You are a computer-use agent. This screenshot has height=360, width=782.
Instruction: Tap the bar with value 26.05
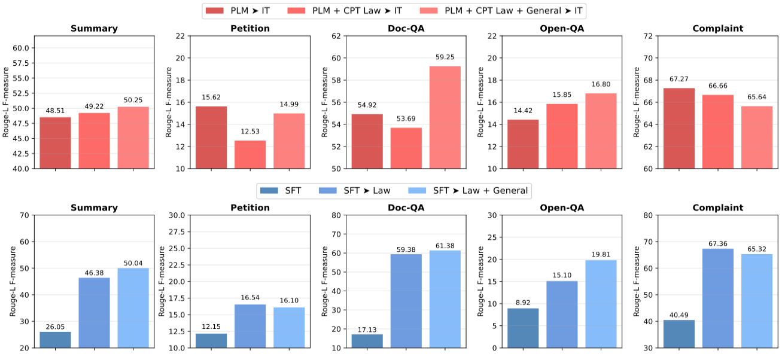[x=55, y=340]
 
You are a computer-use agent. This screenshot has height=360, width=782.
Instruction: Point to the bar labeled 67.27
[x=679, y=128]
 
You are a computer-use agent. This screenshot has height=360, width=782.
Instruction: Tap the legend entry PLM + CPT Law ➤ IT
[x=348, y=10]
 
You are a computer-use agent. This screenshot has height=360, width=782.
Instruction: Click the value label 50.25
[x=133, y=100]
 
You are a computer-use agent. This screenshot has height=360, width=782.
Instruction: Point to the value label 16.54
[x=250, y=297]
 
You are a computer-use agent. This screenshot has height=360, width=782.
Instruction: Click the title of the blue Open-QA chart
[x=562, y=208]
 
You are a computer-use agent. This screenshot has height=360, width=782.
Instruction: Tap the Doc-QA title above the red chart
[x=406, y=28]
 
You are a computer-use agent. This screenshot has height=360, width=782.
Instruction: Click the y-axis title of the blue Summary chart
[x=5, y=281]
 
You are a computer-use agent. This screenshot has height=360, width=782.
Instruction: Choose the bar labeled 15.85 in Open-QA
[x=562, y=136]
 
